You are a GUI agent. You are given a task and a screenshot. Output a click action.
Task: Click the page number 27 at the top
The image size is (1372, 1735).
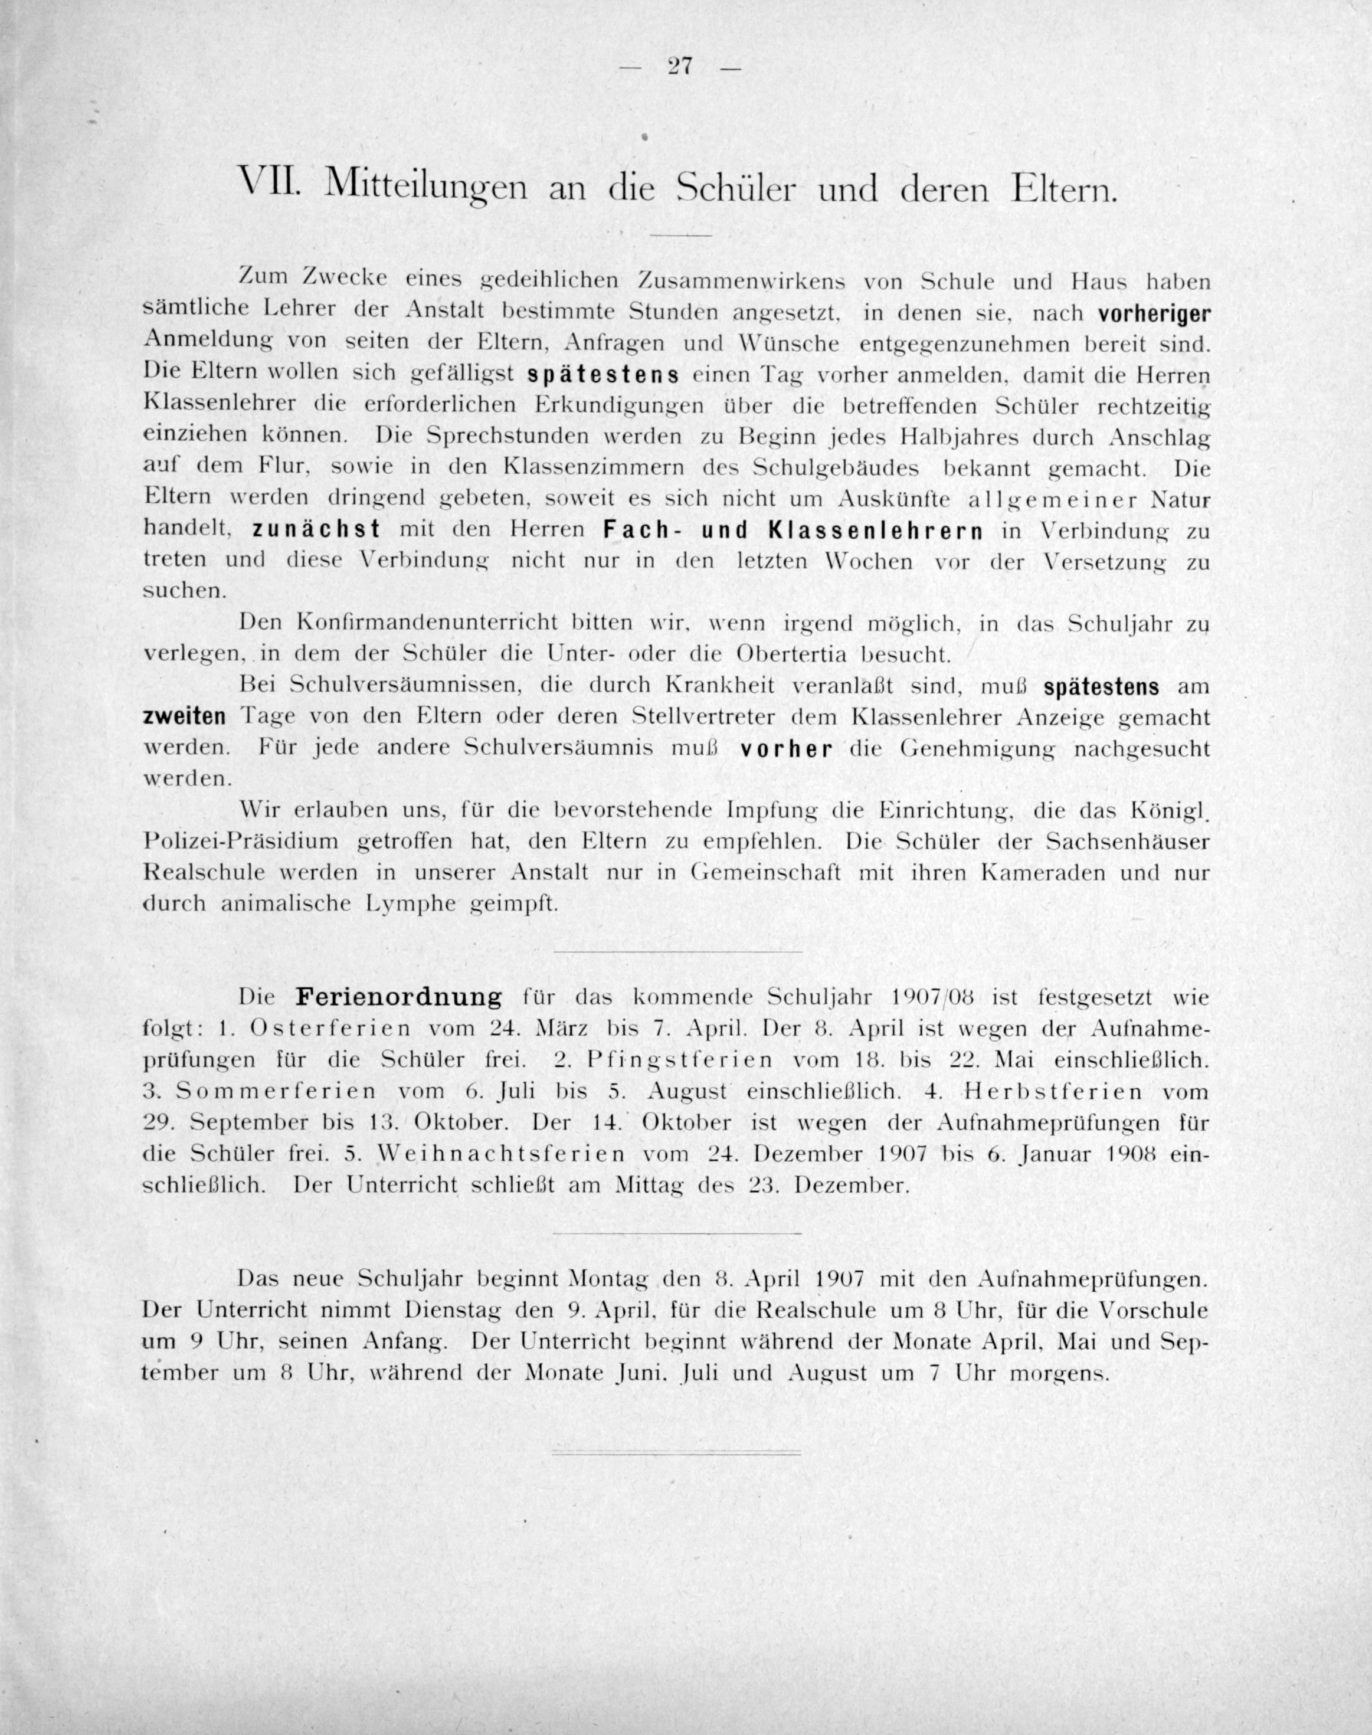point(680,67)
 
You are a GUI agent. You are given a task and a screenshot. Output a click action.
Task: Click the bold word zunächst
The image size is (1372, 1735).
point(316,531)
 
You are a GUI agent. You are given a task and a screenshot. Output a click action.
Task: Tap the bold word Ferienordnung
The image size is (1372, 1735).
point(398,999)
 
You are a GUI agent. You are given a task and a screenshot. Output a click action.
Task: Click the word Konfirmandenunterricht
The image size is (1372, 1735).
point(427,623)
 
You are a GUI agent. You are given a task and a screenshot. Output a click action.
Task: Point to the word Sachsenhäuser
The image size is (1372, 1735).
point(1128,842)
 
